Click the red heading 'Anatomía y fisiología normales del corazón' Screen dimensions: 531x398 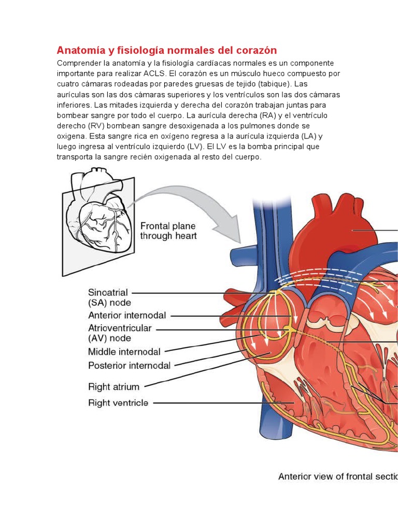[x=166, y=50]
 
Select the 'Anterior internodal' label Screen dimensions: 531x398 [x=127, y=315]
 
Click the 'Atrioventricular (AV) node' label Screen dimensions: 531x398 [x=120, y=333]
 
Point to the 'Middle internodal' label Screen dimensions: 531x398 [x=124, y=352]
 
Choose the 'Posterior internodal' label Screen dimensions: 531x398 [x=129, y=366]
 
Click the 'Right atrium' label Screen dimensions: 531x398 [x=113, y=387]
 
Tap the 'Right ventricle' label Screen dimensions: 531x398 [x=118, y=403]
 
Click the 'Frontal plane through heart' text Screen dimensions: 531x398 [x=168, y=231]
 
